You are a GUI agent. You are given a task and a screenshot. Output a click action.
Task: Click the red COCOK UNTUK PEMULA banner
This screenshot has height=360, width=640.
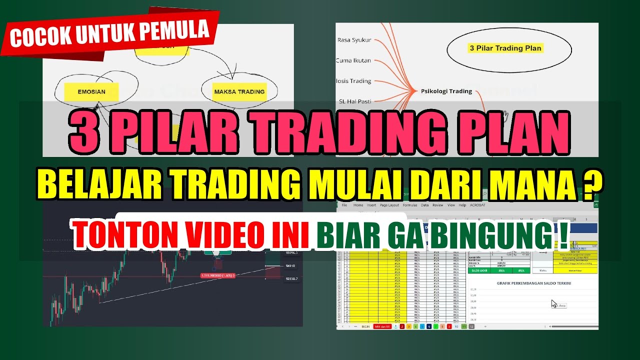click(x=109, y=33)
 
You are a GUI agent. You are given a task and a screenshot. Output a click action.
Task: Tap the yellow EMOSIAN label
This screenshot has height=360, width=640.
click(x=91, y=92)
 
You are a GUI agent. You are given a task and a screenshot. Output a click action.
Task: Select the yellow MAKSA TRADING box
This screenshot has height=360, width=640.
click(x=239, y=92)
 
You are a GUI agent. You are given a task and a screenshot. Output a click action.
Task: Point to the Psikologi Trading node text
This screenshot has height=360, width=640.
click(x=446, y=91)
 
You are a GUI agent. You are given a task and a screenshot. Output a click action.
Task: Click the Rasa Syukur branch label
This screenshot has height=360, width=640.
click(x=354, y=40)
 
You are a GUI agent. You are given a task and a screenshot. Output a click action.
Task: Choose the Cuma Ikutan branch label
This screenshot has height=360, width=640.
click(x=353, y=60)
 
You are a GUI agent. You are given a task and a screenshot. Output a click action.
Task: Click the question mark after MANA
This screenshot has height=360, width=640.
click(x=591, y=184)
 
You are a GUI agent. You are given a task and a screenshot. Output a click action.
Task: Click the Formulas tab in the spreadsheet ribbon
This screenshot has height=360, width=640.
click(x=410, y=205)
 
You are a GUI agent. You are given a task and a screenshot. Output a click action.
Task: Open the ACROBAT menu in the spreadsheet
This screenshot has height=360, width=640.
click(x=479, y=205)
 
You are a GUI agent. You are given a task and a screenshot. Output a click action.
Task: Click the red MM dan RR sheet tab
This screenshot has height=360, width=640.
click(x=383, y=326)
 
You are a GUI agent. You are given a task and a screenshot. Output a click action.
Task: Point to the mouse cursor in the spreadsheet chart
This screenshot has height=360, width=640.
click(x=553, y=303)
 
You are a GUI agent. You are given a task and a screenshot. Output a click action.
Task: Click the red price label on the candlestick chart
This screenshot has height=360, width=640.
click(x=217, y=275)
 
